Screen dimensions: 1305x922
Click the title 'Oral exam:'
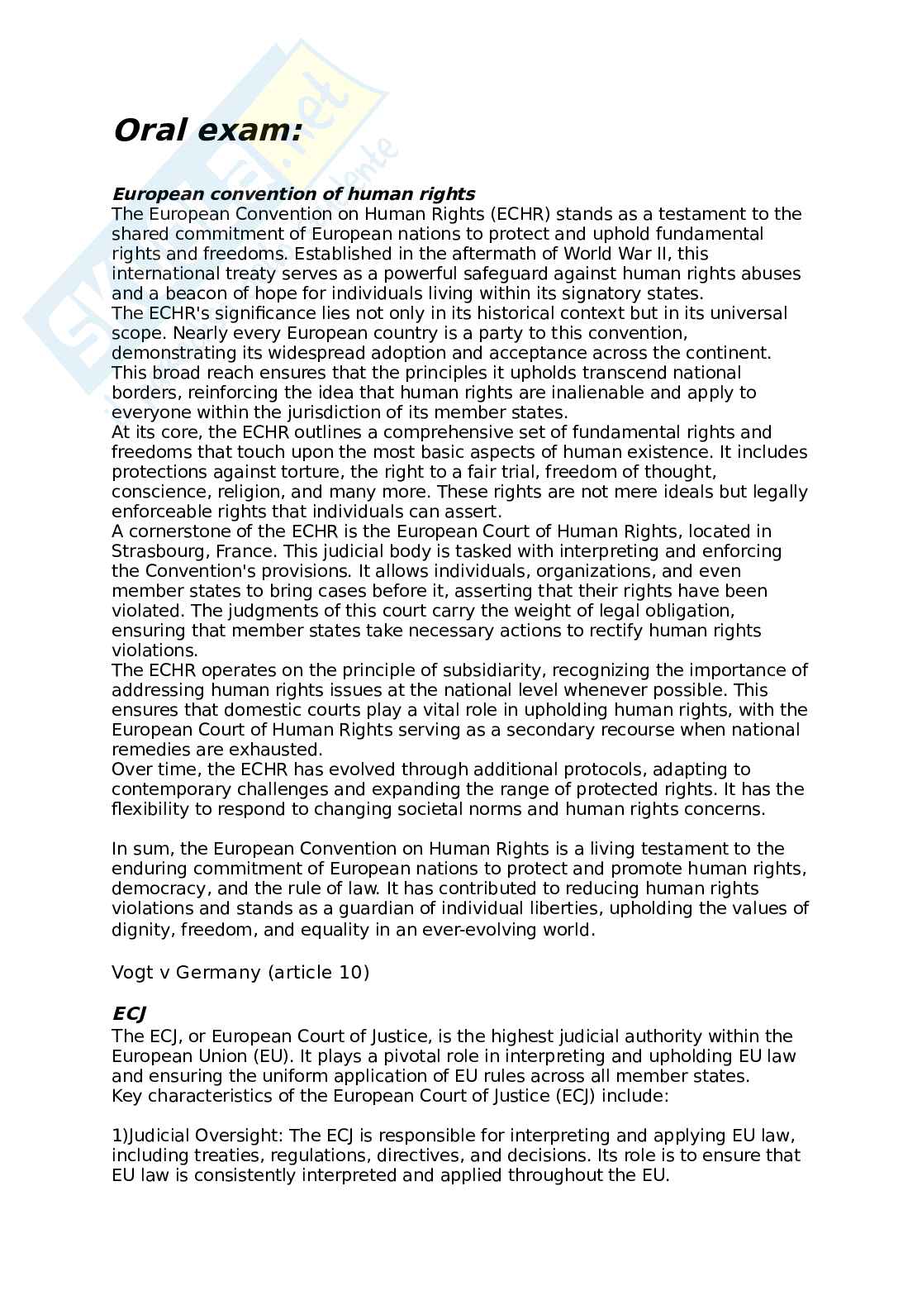(207, 131)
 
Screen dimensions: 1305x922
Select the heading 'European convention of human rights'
(293, 194)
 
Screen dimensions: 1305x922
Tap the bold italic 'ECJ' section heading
(129, 1014)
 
